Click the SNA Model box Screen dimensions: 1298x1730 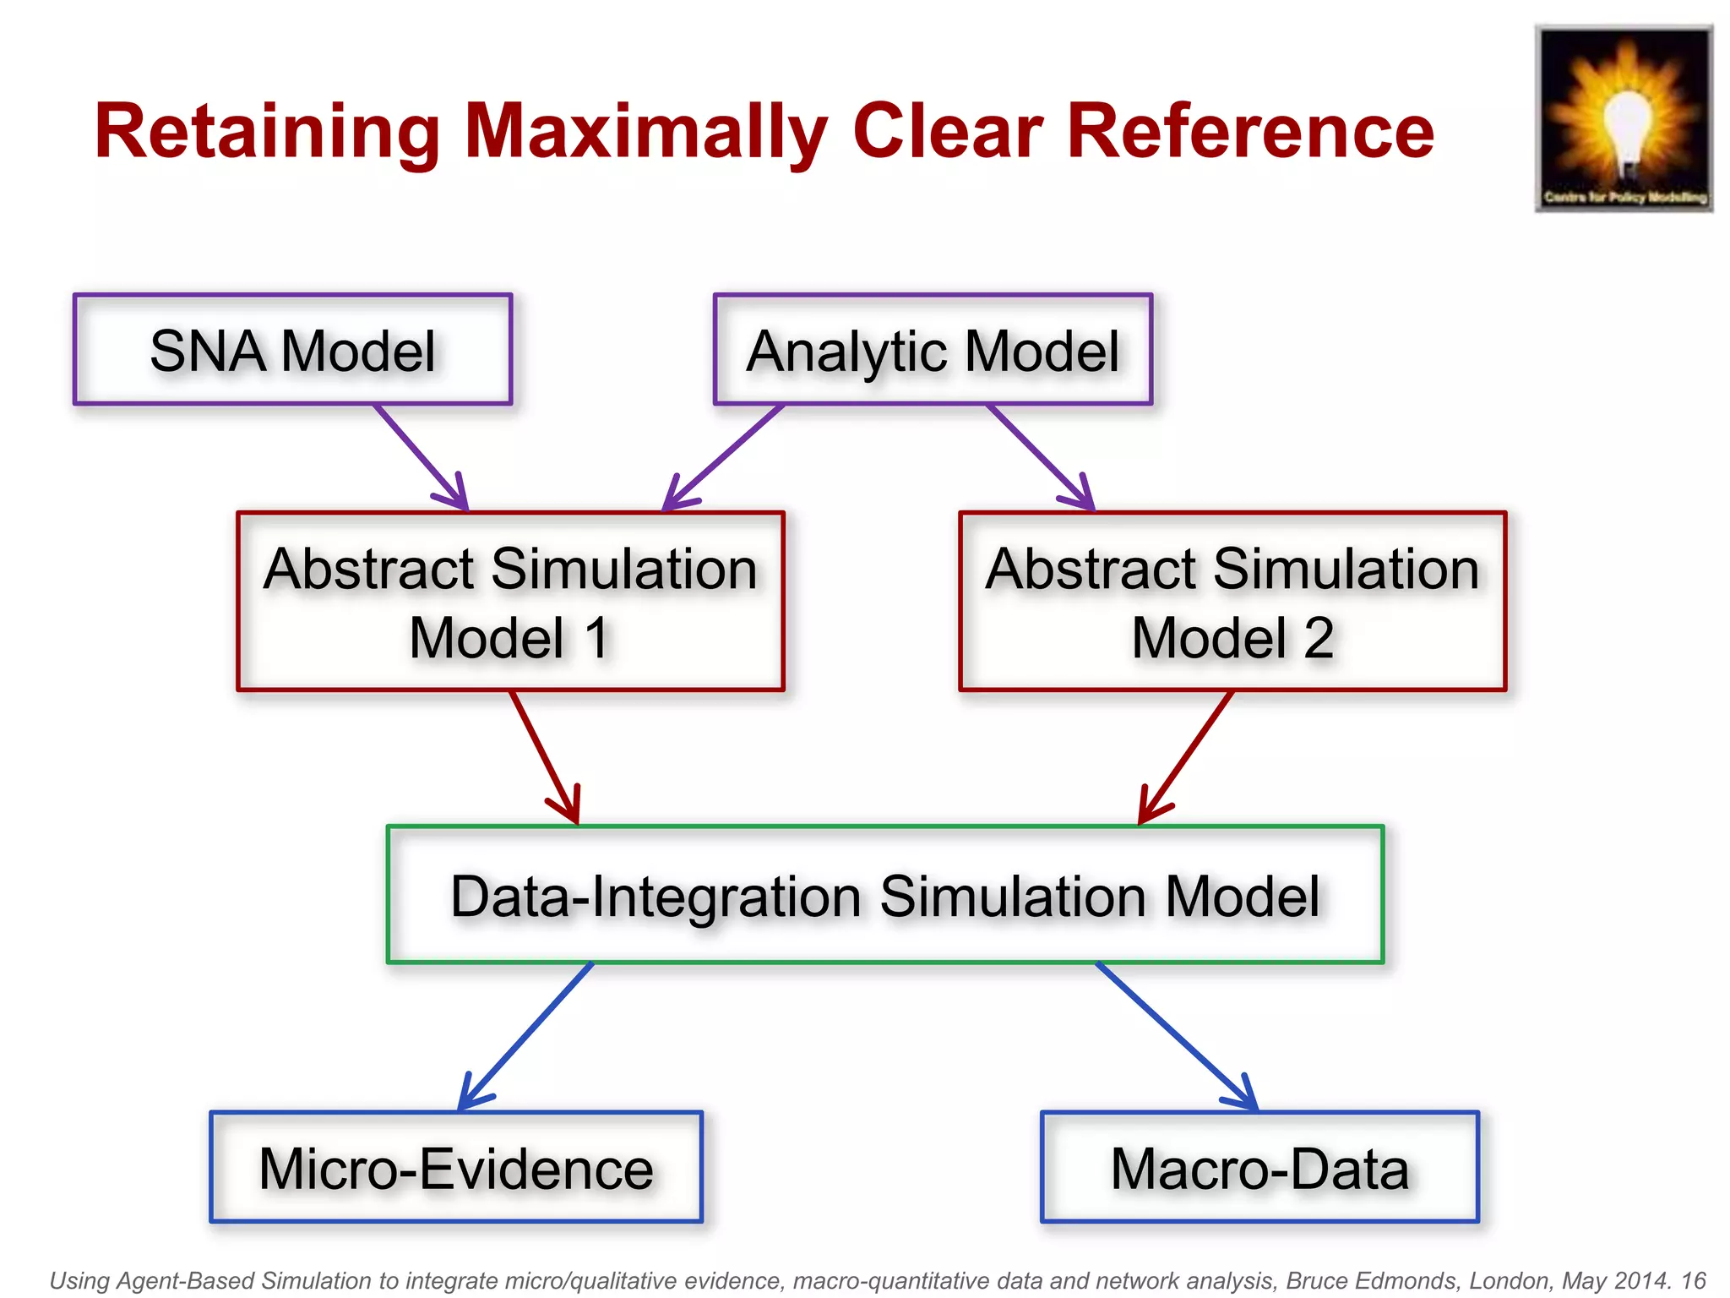tap(292, 350)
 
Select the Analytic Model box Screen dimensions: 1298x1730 tap(933, 350)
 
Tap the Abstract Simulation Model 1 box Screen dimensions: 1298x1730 tap(510, 602)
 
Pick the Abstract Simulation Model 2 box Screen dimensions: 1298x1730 tap(1232, 602)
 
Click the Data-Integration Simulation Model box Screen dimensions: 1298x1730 tap(884, 895)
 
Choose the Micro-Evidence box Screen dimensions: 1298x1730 tap(456, 1168)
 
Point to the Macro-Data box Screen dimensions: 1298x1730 tap(1259, 1168)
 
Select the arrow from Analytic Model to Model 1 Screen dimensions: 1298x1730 tap(725, 457)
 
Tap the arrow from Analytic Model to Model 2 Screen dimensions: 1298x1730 tap(1040, 457)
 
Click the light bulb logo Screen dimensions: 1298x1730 tap(1624, 119)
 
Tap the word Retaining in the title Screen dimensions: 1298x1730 tap(267, 132)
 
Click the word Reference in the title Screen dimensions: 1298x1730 tap(1250, 132)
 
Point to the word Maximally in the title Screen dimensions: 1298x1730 tap(646, 132)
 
